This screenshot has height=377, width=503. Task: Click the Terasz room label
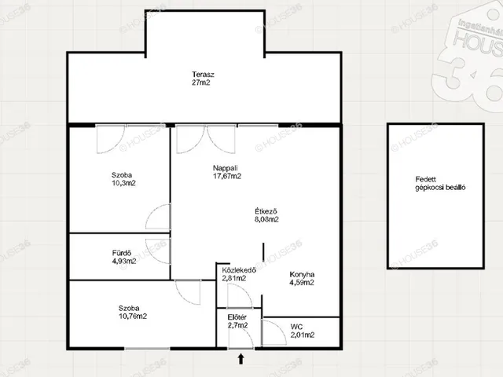(x=203, y=75)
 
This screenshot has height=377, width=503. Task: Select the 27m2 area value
(x=201, y=82)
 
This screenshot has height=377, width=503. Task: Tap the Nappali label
(x=226, y=168)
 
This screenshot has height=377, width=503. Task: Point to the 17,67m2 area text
(x=227, y=176)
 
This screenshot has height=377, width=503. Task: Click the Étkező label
(x=266, y=211)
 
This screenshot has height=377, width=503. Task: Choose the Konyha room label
(x=302, y=274)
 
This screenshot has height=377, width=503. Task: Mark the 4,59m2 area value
(x=302, y=283)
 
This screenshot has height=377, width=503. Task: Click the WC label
(x=297, y=327)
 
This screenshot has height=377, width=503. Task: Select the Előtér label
(x=237, y=317)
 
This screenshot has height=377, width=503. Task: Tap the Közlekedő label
(x=239, y=270)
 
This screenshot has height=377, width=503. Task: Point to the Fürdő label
(x=122, y=253)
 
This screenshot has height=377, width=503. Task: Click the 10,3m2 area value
(x=124, y=183)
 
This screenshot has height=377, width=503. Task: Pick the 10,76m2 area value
(x=133, y=317)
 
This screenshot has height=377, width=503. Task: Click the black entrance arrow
(x=241, y=359)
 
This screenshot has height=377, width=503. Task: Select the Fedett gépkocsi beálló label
(x=440, y=184)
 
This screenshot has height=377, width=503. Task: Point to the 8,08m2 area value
(x=266, y=220)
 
